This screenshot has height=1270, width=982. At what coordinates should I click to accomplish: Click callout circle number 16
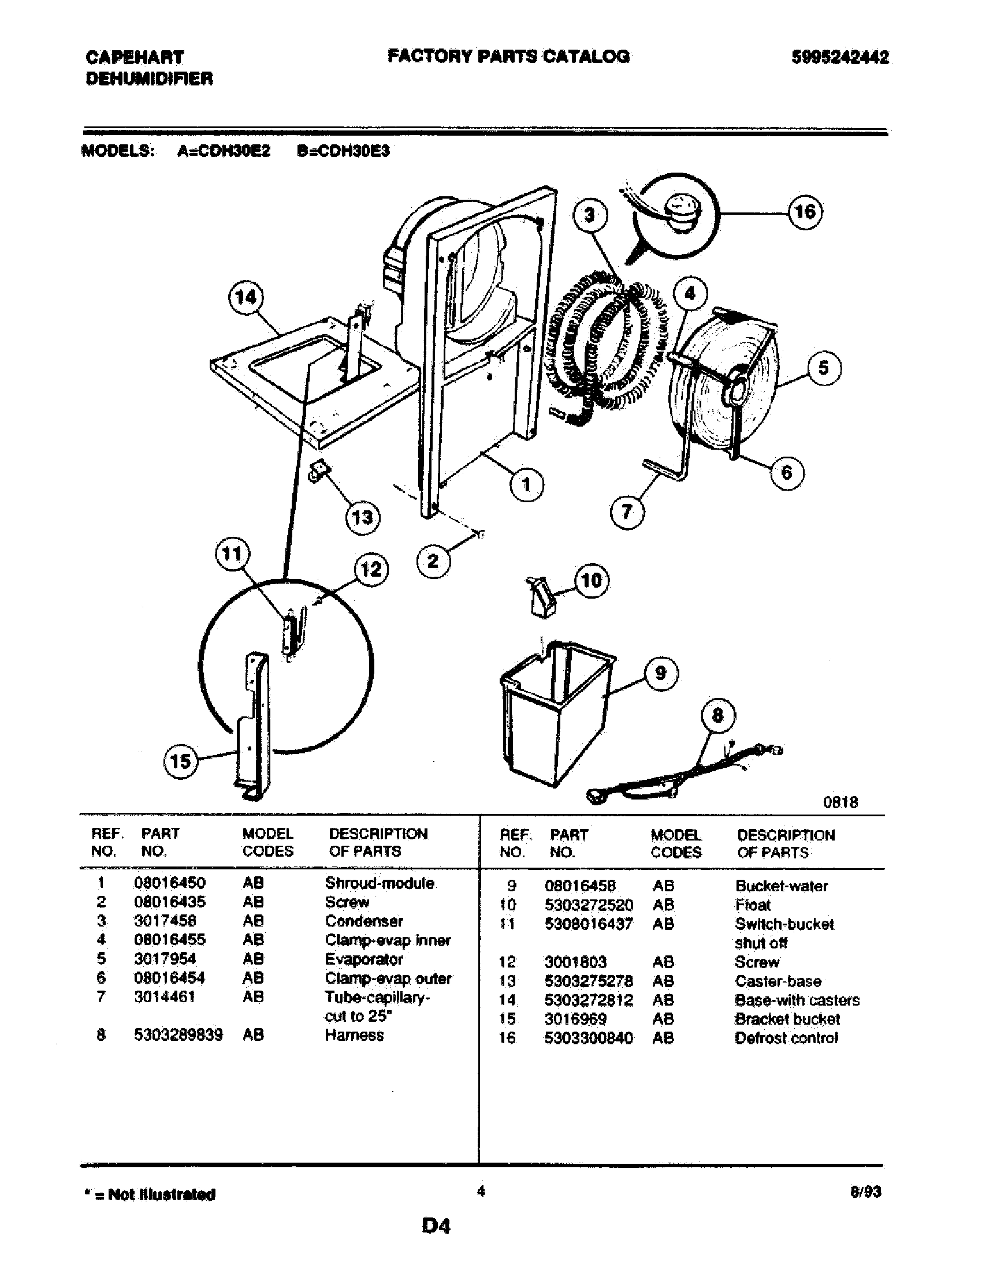pos(805,212)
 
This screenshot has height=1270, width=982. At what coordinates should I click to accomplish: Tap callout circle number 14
pos(245,297)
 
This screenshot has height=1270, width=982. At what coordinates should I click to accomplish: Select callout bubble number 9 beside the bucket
pos(661,673)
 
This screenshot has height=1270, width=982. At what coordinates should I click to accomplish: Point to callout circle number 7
pos(627,511)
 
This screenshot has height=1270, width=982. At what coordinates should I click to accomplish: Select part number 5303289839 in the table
pos(178,1035)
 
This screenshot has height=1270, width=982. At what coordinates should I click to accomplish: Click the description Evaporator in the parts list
pos(363,959)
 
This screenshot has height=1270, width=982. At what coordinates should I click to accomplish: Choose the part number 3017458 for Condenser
pos(165,921)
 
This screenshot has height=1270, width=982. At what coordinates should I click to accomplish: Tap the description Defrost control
pos(786,1038)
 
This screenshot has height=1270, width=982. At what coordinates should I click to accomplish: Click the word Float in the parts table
pos(752,905)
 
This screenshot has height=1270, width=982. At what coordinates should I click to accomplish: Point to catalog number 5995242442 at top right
pos(839,58)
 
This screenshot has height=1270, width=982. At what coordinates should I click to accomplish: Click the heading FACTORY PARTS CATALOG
pos(508,57)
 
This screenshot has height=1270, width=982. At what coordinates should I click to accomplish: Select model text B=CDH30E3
pos(343,151)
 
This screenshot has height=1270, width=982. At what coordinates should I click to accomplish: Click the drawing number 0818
pos(840,802)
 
